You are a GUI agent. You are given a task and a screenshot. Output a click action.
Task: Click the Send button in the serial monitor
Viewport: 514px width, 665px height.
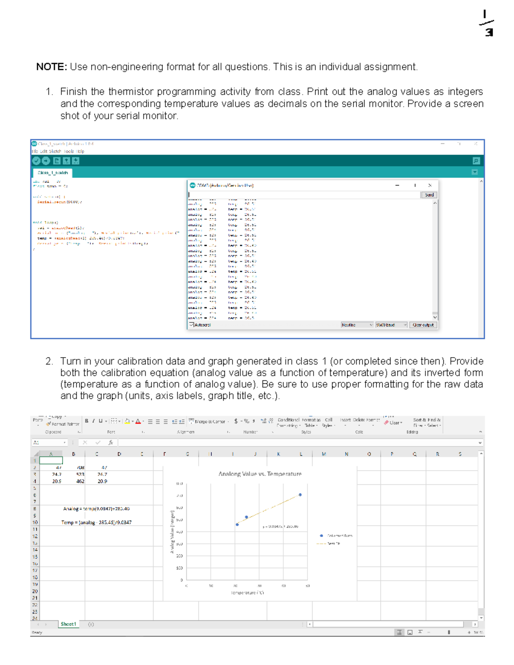pyautogui.click(x=429, y=195)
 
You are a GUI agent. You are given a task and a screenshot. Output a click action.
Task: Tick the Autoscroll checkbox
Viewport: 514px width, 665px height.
pyautogui.click(x=191, y=325)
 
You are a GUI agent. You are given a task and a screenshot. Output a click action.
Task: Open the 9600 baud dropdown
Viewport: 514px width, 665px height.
pyautogui.click(x=391, y=325)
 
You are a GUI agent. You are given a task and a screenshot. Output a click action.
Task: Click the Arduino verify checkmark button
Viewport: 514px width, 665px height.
pyautogui.click(x=36, y=161)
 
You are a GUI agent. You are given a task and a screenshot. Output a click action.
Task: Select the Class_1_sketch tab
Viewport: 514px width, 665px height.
pyautogui.click(x=53, y=173)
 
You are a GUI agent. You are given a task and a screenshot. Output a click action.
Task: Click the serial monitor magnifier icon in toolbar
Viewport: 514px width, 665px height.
pyautogui.click(x=476, y=161)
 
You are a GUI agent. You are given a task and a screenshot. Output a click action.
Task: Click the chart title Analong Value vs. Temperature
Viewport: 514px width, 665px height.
pyautogui.click(x=260, y=474)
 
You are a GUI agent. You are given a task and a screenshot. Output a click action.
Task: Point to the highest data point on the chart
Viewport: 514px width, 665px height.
pyautogui.click(x=300, y=495)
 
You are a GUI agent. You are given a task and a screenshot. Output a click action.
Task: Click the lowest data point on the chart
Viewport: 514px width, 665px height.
pyautogui.click(x=237, y=525)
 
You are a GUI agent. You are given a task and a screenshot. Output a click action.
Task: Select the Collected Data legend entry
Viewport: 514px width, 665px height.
pyautogui.click(x=336, y=536)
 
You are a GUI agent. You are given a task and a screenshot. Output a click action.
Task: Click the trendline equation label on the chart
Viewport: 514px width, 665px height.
pyautogui.click(x=281, y=527)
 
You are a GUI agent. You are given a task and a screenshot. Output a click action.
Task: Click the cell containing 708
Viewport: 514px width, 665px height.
pyautogui.click(x=80, y=468)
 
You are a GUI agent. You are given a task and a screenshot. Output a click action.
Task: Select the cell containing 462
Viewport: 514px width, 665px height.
pyautogui.click(x=80, y=481)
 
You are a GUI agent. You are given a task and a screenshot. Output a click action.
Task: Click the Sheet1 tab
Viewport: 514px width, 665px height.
pyautogui.click(x=68, y=624)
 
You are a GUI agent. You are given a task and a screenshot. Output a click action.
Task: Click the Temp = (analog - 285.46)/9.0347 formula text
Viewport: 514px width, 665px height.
pyautogui.click(x=96, y=522)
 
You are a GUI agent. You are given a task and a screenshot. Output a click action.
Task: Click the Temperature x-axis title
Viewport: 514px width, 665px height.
pyautogui.click(x=248, y=593)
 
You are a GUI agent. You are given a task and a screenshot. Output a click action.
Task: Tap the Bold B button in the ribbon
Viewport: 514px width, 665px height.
pyautogui.click(x=87, y=421)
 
